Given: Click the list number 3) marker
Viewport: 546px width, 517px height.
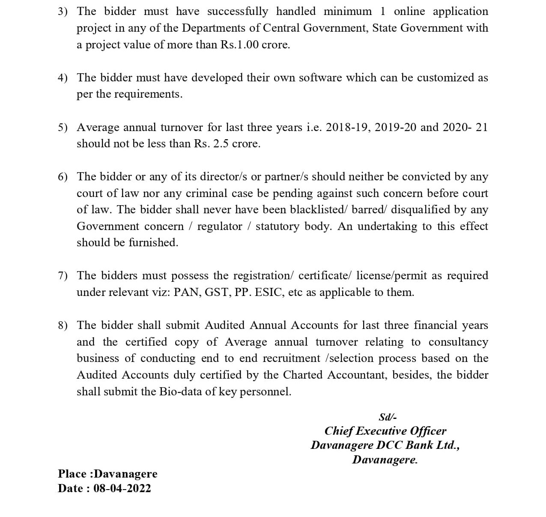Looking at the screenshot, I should point(63,12).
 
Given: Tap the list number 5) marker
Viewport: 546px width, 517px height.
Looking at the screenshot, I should point(63,127).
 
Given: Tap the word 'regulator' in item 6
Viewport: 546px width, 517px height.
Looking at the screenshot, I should point(220,226).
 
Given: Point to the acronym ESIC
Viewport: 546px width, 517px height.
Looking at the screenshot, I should point(270,292).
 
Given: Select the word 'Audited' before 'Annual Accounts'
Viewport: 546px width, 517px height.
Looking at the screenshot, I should point(224,325).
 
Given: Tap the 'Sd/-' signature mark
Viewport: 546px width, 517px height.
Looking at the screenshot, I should point(388,417).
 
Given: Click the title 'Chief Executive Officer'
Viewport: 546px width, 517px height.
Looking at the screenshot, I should point(385,431).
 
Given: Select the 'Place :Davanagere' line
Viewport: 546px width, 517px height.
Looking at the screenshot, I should point(107,474).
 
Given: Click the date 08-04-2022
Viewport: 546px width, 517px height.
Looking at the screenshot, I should point(122,488).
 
